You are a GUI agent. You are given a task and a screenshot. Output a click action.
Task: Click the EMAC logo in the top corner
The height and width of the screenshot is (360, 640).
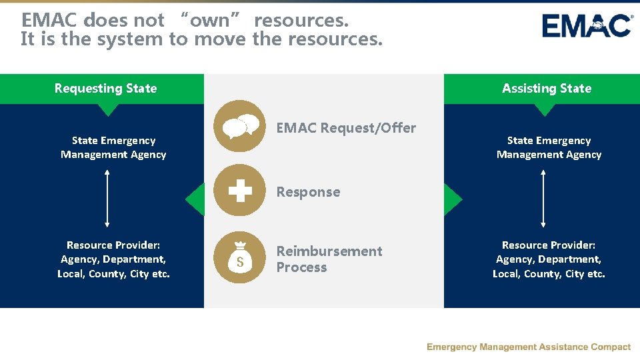tap(587, 25)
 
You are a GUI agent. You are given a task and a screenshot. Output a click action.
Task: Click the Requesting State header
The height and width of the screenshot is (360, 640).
tap(105, 89)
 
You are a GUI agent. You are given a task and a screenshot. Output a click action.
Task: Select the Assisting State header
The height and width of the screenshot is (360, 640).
tap(546, 89)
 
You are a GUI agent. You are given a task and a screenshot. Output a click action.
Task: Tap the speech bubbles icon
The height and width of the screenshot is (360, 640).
tap(239, 126)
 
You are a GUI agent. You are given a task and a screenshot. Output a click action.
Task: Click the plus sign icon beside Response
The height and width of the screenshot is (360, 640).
tap(239, 191)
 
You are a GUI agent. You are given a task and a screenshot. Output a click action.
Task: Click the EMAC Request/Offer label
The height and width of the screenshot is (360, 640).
tap(346, 128)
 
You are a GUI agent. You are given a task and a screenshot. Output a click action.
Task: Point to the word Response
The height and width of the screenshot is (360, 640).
tap(308, 192)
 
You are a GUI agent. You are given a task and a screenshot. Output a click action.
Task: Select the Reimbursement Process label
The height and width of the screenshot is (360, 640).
tap(329, 259)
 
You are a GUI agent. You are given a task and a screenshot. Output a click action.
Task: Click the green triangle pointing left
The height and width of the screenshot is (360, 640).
tap(195, 199)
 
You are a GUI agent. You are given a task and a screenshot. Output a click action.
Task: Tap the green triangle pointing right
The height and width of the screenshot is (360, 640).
tap(452, 199)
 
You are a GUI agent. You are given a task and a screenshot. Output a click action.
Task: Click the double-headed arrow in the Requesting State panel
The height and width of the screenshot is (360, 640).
tap(107, 199)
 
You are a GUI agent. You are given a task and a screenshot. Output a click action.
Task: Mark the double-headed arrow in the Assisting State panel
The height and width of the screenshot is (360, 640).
tap(543, 199)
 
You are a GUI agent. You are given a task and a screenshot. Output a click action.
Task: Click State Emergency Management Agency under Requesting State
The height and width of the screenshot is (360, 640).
tap(113, 147)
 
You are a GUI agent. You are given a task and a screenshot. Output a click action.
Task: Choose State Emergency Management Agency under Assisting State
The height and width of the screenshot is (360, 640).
tap(549, 147)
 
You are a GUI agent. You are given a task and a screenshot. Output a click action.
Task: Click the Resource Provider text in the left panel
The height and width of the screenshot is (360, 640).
tap(113, 259)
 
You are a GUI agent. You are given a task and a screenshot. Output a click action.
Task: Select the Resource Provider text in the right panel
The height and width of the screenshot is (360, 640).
tap(549, 259)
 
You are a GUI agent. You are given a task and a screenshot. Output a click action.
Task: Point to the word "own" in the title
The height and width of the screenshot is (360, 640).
tap(210, 20)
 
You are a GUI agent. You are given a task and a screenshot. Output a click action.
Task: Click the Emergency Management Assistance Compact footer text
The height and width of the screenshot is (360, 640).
tap(528, 347)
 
